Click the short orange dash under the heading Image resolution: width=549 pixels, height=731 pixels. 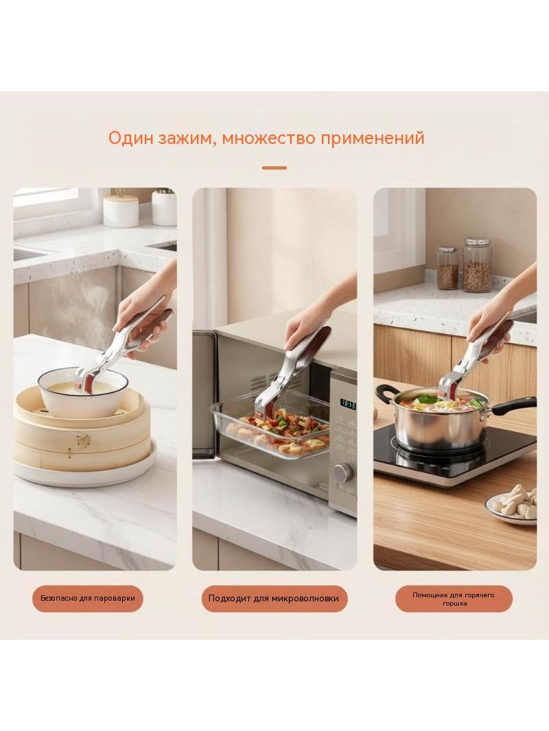click(274, 167)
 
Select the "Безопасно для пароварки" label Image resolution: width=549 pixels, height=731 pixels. click(88, 598)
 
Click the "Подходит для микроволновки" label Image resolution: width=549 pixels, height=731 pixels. click(274, 599)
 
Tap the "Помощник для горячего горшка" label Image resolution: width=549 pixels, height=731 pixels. click(454, 599)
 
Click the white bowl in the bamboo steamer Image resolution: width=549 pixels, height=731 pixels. click(82, 392)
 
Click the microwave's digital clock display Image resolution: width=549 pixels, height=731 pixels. click(348, 404)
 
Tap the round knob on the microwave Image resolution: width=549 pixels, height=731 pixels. click(344, 472)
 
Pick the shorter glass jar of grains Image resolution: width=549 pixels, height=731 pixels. click(448, 268)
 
